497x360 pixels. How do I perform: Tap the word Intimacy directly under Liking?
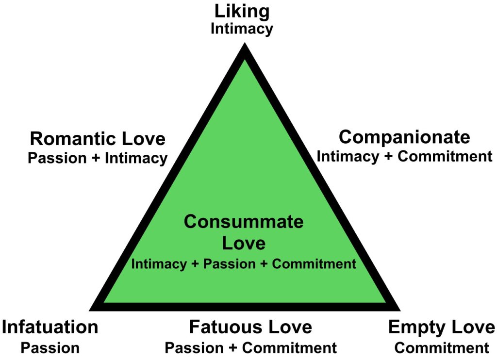pos(242,29)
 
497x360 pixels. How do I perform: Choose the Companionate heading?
pos(404,137)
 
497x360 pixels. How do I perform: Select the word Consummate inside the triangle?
pos(244,222)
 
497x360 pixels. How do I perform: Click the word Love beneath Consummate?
pos(244,243)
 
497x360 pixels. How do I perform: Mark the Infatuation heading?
pos(50,327)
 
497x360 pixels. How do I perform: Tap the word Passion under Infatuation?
pos(50,348)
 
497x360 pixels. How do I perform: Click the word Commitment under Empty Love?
pos(442,348)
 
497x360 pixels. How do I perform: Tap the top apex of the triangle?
pos(245,46)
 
